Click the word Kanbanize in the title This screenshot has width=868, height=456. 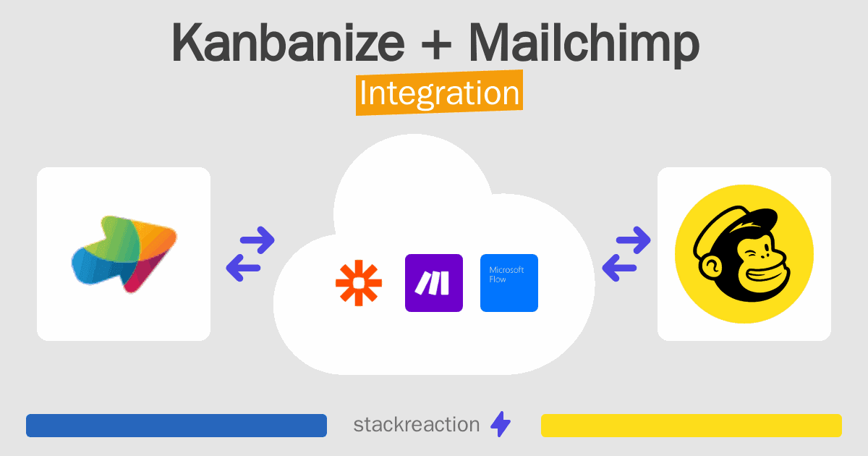289,42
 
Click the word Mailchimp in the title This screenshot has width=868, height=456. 584,45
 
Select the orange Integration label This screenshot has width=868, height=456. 440,93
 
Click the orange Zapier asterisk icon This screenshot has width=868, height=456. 359,283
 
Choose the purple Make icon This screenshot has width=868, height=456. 434,283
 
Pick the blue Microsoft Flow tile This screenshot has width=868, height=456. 509,283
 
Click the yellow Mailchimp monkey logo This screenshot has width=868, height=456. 744,254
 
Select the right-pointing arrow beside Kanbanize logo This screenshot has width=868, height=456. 258,240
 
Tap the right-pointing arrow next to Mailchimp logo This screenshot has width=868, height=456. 633,240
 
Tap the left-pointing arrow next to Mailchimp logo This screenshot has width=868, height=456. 619,268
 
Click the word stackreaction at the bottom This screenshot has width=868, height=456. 417,425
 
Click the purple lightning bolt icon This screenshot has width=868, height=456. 501,424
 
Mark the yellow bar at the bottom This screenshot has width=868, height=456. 692,426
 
